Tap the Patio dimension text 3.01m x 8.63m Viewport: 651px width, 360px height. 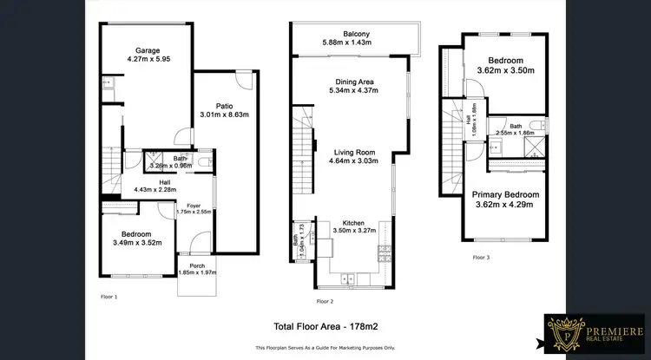(224, 115)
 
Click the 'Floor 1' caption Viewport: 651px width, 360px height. (110, 297)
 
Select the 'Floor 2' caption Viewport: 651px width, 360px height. (324, 301)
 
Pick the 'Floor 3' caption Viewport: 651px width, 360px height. (481, 258)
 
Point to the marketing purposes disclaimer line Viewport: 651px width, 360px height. (325, 347)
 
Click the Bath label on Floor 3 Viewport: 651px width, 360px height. (516, 126)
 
